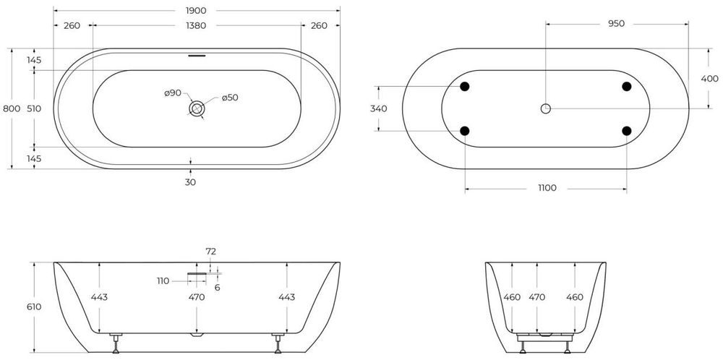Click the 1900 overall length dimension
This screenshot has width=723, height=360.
(197, 10)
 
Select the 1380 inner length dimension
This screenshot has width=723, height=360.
(197, 25)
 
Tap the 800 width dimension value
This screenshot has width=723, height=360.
(12, 108)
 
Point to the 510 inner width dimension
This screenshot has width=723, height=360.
(34, 108)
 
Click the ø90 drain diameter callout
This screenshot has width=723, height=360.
(172, 93)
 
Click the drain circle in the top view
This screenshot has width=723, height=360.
(197, 108)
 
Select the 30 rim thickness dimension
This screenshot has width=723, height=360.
(190, 182)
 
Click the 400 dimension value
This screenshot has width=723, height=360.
(709, 78)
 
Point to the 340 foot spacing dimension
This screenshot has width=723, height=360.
(379, 108)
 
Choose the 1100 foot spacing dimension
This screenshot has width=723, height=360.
(547, 188)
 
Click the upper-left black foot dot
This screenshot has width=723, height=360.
(465, 87)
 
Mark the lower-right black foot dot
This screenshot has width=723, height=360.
(627, 131)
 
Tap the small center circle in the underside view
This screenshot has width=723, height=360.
(546, 108)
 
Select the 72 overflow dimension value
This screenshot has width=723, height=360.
(211, 252)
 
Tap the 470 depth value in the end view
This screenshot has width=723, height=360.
(537, 297)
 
